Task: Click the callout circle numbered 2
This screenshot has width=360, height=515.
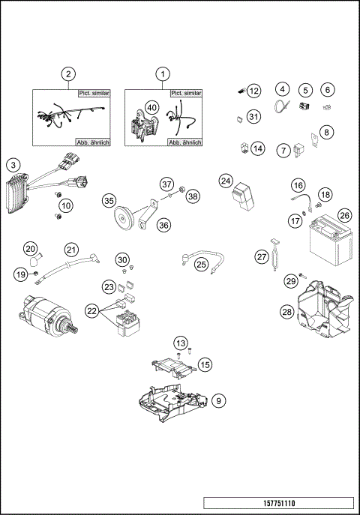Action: pyautogui.click(x=68, y=73)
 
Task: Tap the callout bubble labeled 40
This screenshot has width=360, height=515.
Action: pyautogui.click(x=152, y=108)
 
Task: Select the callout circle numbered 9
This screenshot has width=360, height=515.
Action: pyautogui.click(x=217, y=400)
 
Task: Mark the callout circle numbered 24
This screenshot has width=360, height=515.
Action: pyautogui.click(x=226, y=181)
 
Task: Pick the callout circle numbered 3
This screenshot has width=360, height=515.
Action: pyautogui.click(x=13, y=165)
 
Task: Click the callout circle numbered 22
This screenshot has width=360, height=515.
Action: pyautogui.click(x=91, y=310)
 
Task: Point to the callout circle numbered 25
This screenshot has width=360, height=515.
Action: pyautogui.click(x=201, y=263)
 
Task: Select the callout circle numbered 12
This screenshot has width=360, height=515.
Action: pyautogui.click(x=254, y=91)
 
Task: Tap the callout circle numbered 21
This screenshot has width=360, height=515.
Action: pyautogui.click(x=71, y=249)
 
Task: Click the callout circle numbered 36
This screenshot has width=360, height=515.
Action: pyautogui.click(x=163, y=224)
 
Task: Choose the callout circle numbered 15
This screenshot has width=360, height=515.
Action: pyautogui.click(x=205, y=364)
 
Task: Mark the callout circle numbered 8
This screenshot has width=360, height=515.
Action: pyautogui.click(x=326, y=133)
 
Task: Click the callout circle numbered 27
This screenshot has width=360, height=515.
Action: pyautogui.click(x=261, y=256)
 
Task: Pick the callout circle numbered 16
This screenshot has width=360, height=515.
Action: pyautogui.click(x=298, y=185)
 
